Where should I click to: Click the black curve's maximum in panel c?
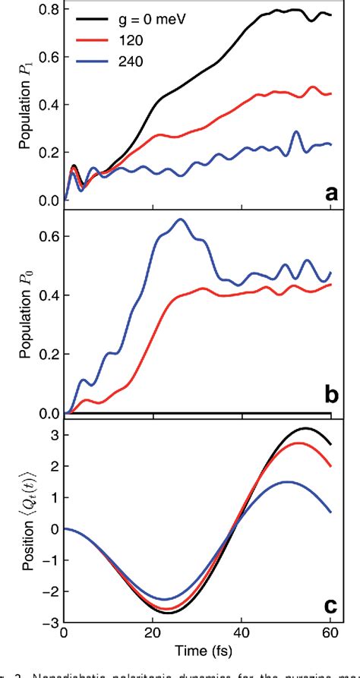pyautogui.click(x=306, y=428)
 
